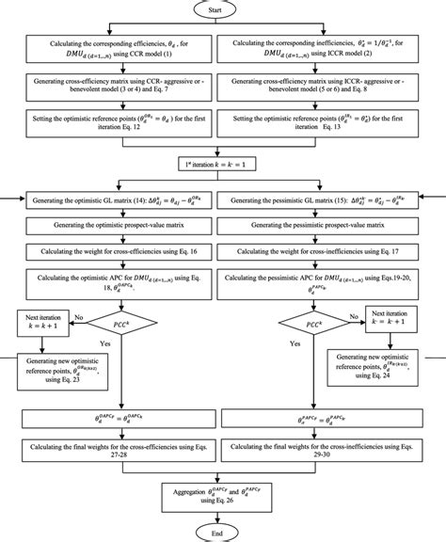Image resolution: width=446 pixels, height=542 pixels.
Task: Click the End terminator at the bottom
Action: tap(218, 533)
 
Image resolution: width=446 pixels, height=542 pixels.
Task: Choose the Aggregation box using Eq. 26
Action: tap(218, 498)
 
